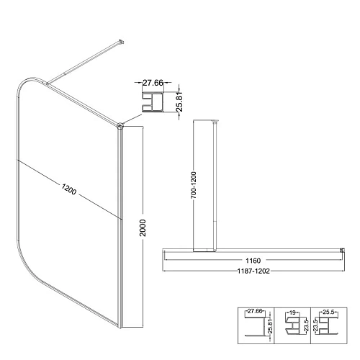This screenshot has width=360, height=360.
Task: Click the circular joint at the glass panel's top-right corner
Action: [120, 126]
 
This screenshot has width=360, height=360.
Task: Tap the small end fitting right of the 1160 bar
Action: [341, 251]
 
